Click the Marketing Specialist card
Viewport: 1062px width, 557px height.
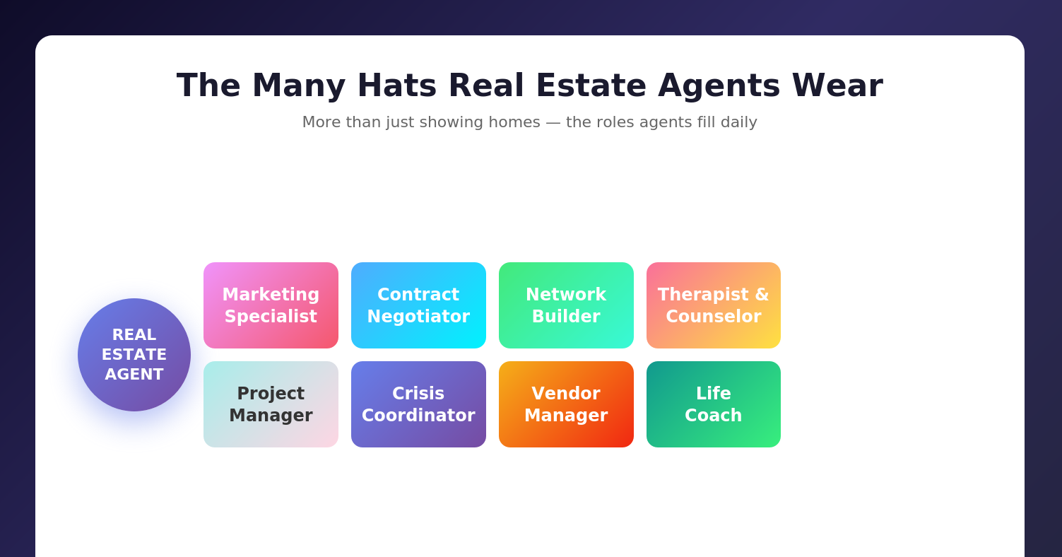tap(271, 305)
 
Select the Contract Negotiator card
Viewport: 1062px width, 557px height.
tap(418, 305)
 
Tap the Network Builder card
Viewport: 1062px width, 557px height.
tap(566, 305)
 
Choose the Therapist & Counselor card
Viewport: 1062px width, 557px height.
tap(714, 305)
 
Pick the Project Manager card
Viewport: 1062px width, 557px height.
tap(271, 404)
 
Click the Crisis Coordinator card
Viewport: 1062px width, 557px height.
tap(418, 404)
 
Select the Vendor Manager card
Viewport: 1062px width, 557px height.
tap(566, 404)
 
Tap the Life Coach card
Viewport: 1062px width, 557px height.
tap(714, 404)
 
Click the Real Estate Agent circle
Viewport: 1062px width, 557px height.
tap(134, 355)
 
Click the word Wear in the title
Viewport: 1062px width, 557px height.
tap(837, 86)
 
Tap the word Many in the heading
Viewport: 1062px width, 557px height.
tap(298, 86)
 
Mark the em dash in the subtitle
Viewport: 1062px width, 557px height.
tap(553, 122)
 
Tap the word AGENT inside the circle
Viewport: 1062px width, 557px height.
tap(134, 375)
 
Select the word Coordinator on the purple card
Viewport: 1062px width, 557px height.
tap(418, 416)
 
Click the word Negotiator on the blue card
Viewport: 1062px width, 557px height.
tap(418, 317)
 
